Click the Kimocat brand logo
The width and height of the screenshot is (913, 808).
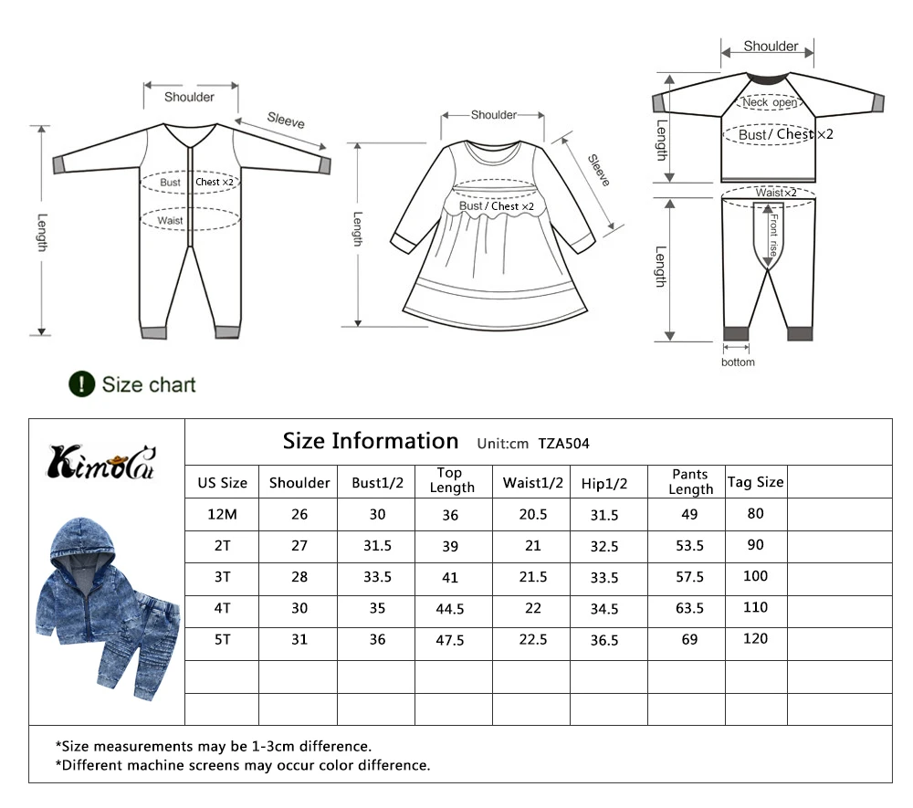[101, 463]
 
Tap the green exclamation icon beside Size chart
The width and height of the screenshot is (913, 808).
[81, 384]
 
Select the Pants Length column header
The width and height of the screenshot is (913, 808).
[690, 481]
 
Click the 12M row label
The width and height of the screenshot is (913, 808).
[222, 515]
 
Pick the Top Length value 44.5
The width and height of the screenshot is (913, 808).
[450, 609]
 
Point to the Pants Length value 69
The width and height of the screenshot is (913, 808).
[689, 640]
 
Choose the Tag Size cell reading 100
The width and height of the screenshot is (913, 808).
[755, 576]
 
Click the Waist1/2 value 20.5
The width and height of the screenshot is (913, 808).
[533, 515]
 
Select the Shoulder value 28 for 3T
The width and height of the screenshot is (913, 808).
[299, 577]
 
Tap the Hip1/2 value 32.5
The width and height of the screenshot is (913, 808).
[604, 547]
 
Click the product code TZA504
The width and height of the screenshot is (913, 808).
[563, 444]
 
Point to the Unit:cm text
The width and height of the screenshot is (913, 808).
[502, 444]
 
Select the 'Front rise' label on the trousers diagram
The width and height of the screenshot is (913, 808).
[773, 236]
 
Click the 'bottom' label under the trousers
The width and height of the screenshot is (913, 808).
[738, 362]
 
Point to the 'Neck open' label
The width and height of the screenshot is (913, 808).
[770, 102]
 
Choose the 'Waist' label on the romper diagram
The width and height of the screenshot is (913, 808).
[170, 221]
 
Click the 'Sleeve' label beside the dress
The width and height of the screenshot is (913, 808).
[599, 170]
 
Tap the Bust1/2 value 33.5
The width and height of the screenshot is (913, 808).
[377, 577]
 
